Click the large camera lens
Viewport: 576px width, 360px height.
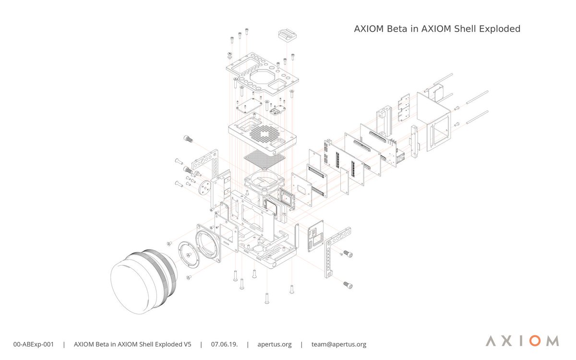point(139,283)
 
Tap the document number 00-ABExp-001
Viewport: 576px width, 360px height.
point(33,344)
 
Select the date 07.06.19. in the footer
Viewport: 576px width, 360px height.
point(223,344)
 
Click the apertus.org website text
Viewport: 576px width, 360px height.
point(275,344)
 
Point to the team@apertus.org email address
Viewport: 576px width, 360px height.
point(339,344)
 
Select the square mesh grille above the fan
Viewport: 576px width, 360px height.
point(265,158)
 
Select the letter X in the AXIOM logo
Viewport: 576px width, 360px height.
point(503,341)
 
